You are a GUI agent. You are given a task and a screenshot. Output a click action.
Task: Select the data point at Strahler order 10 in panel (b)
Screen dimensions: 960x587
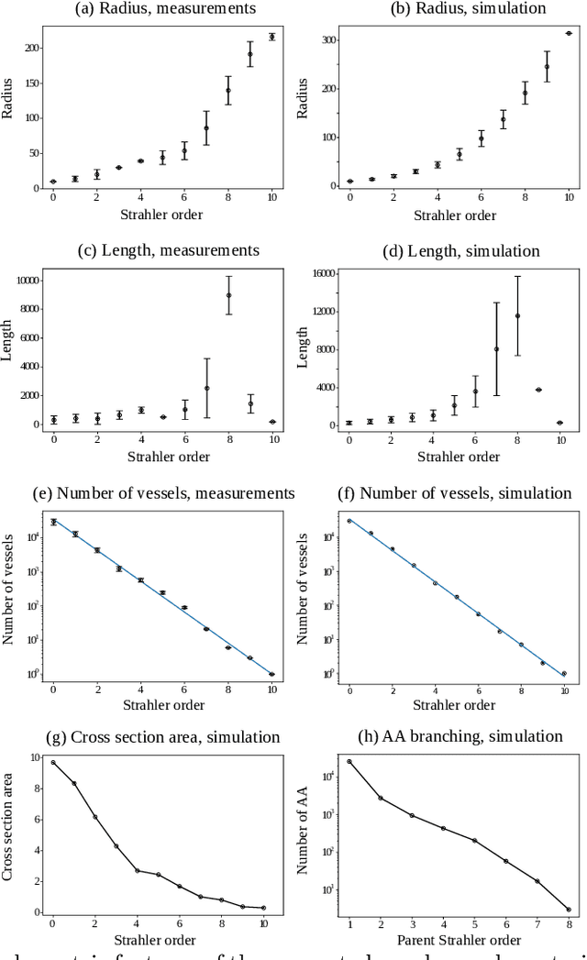pyautogui.click(x=569, y=33)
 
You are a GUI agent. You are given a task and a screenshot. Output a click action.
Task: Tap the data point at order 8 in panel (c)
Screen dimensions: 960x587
pyautogui.click(x=228, y=295)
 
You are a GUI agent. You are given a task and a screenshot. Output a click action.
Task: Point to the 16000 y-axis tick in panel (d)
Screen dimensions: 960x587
pyautogui.click(x=321, y=273)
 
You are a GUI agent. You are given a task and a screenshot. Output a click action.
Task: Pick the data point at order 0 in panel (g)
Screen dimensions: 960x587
pyautogui.click(x=53, y=762)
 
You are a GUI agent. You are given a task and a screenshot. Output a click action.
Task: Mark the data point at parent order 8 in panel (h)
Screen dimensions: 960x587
pyautogui.click(x=569, y=910)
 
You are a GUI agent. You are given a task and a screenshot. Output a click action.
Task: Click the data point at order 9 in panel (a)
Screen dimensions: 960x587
pyautogui.click(x=250, y=54)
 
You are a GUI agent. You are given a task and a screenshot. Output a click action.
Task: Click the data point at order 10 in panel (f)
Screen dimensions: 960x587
pyautogui.click(x=569, y=674)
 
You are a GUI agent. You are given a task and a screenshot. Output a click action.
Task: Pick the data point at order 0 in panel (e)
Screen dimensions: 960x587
pyautogui.click(x=53, y=522)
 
